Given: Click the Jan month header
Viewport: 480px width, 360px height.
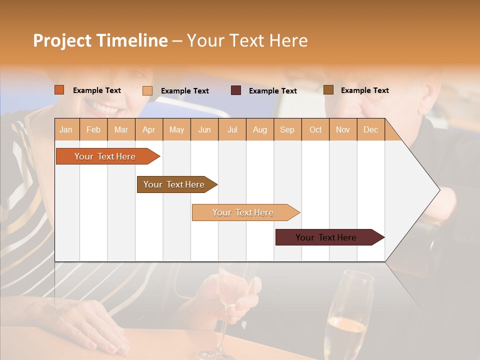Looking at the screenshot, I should [x=66, y=129].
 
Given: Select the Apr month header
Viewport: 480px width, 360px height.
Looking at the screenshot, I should [x=148, y=129].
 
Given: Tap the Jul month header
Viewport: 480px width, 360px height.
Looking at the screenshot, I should [x=232, y=129].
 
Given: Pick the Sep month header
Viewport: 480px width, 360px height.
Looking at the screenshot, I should [x=287, y=129].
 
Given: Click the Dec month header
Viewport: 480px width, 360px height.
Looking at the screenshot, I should [x=370, y=129].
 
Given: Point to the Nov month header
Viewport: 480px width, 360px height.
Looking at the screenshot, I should [x=342, y=129].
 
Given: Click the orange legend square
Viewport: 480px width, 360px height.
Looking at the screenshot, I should [x=59, y=90].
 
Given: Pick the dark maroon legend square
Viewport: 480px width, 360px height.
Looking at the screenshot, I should [x=236, y=90].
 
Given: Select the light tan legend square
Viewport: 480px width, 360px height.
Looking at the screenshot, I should [x=147, y=90].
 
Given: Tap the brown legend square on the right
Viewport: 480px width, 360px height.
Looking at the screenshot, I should [x=328, y=90].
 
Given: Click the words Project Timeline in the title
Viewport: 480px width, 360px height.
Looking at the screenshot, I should [x=100, y=40].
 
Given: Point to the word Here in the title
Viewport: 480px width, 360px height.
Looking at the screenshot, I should [x=288, y=40].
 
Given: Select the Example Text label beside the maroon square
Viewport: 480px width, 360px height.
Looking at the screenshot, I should [x=272, y=90].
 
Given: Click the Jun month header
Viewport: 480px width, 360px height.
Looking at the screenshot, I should [x=204, y=129].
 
